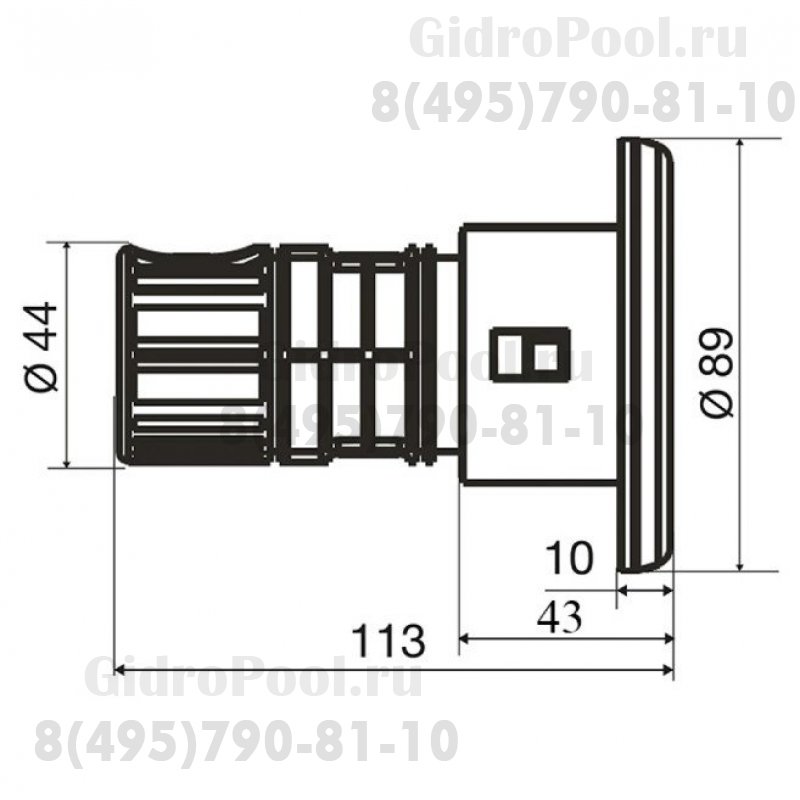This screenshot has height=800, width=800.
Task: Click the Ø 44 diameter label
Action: tap(41, 353)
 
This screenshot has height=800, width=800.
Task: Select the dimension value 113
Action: tap(385, 638)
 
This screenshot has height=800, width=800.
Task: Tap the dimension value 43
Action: tap(559, 610)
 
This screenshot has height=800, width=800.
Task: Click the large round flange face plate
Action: tap(645, 355)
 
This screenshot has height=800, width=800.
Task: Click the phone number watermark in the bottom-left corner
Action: tap(246, 741)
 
